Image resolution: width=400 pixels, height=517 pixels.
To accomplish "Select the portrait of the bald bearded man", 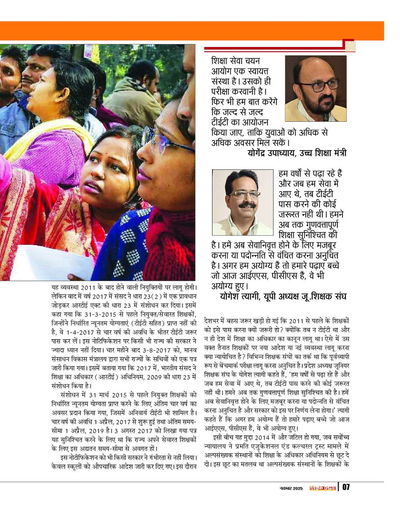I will pyautogui.click(x=315, y=89).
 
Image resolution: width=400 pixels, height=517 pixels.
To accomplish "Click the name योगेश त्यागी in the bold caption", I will pyautogui.click(x=240, y=296).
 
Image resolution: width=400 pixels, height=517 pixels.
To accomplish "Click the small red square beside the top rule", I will pyautogui.click(x=350, y=46).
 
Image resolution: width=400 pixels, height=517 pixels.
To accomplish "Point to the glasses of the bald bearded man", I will pyautogui.click(x=323, y=85).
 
